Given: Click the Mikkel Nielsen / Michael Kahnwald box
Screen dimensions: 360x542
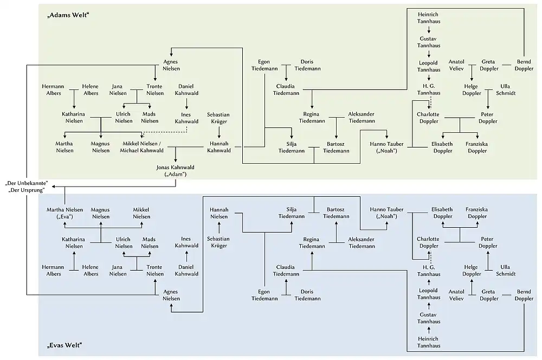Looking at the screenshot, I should (143, 146).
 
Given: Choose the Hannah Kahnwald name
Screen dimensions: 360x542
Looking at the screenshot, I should (219, 146).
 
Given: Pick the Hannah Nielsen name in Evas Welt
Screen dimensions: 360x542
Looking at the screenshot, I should (219, 213).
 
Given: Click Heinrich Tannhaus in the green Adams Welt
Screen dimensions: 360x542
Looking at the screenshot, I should (428, 17).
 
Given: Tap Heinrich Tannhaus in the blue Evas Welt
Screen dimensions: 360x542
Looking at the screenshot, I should (428, 342).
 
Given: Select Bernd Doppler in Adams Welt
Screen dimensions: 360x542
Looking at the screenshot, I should (524, 65).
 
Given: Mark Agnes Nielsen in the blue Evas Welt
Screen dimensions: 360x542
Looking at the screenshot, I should (171, 295).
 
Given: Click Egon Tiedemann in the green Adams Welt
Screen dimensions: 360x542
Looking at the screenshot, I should (264, 65).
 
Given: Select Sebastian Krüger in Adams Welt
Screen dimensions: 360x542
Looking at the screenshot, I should (218, 118).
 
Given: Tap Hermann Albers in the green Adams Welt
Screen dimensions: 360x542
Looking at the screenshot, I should (53, 90).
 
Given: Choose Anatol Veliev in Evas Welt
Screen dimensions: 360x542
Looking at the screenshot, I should (456, 295).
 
